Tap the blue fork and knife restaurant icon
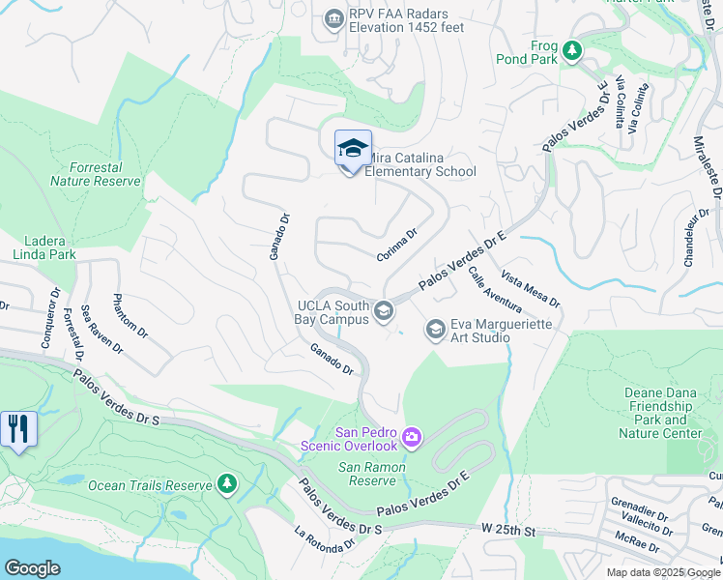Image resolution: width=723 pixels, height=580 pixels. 17,428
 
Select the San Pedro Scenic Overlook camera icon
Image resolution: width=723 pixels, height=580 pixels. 412,439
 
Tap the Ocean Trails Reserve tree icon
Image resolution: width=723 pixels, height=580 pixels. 226,484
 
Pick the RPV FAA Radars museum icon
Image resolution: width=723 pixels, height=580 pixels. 333,18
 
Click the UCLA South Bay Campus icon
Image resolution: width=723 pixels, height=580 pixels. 384,310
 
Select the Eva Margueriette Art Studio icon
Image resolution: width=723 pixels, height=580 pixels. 435,331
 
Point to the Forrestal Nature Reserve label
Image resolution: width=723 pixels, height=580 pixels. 96,173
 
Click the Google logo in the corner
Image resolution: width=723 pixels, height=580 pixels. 32,568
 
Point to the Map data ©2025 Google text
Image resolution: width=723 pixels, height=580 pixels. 663,572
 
